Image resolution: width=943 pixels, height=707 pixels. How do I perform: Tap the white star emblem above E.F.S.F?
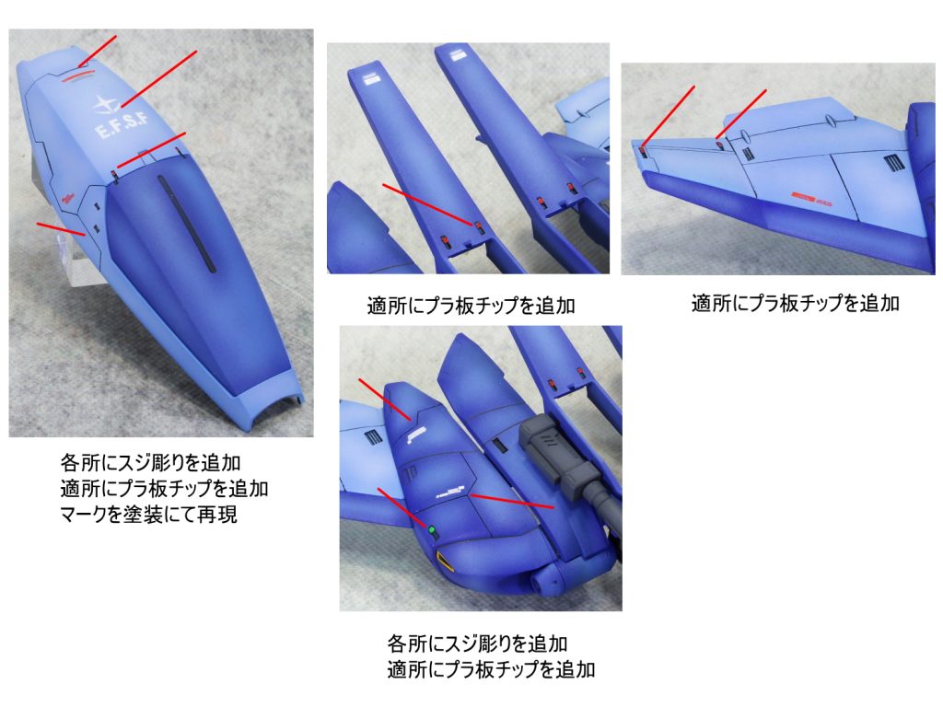coord(107,105)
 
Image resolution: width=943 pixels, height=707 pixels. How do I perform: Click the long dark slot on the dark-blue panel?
coord(186,223)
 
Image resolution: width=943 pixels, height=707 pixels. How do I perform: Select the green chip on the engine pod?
coord(431,529)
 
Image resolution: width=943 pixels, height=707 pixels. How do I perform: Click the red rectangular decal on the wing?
coord(803,197)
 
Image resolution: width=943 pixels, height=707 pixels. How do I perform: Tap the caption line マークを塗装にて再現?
coord(148,515)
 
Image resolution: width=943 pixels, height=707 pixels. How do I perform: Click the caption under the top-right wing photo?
coord(795,303)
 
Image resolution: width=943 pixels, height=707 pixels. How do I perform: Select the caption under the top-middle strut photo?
coord(471,306)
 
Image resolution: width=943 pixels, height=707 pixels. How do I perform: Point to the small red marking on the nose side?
coord(66,198)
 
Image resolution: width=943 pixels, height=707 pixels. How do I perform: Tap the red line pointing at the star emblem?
coord(159,79)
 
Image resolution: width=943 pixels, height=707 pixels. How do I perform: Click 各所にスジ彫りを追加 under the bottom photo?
coord(478,643)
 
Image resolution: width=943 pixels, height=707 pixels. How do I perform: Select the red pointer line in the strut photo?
coord(427,205)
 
